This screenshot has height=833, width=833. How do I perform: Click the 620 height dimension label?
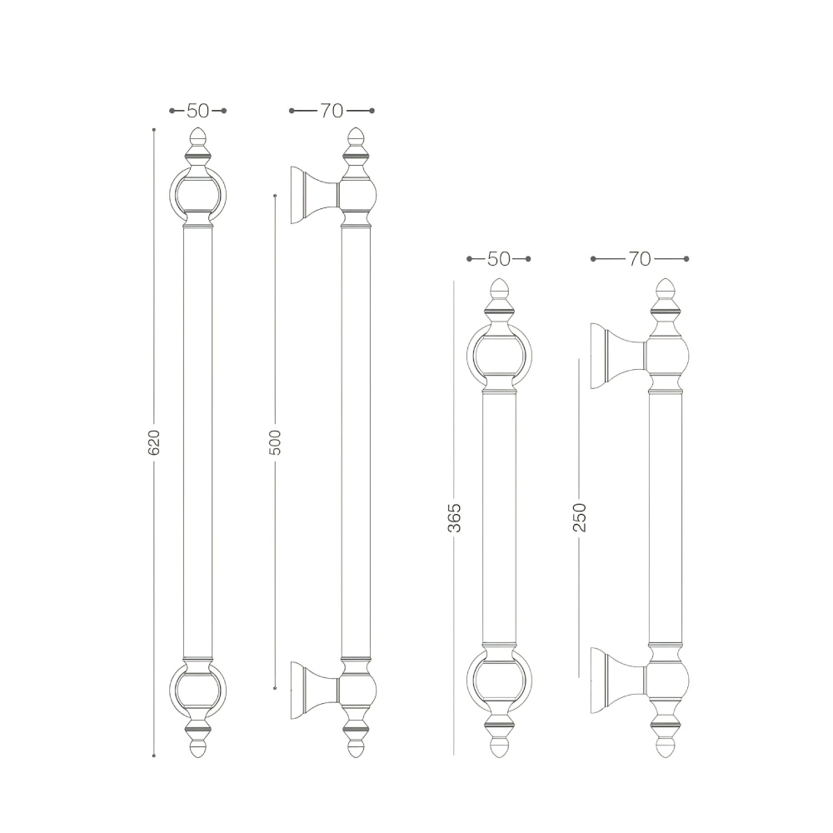tap(153, 442)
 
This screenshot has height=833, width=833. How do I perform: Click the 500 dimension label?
tap(275, 442)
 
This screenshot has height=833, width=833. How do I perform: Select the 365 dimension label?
tap(454, 517)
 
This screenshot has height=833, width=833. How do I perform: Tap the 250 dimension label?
tap(579, 517)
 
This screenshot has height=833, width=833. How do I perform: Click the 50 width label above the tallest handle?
tap(197, 111)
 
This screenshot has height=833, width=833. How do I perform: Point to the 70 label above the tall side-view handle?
tap(332, 111)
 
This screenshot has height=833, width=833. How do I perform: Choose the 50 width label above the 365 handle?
tap(498, 259)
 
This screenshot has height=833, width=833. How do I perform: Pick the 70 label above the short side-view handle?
tap(640, 259)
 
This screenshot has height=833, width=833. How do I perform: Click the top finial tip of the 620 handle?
tap(198, 128)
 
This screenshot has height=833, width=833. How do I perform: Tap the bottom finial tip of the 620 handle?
tap(198, 757)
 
